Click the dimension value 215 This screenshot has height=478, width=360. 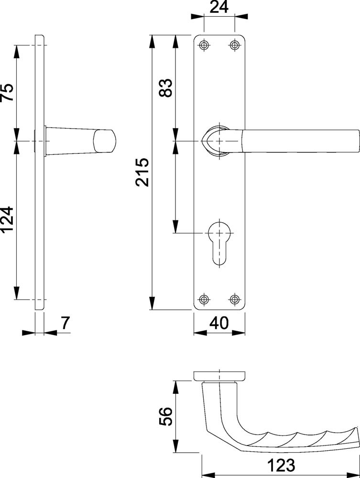coord(142,172)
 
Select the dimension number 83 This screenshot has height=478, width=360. coord(166,88)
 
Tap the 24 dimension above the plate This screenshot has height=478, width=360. coord(219,7)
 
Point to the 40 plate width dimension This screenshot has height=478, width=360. coord(219,323)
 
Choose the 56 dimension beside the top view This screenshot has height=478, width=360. coord(166,416)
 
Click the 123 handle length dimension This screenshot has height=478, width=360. coord(281,465)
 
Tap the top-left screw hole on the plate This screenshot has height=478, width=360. coord(204,45)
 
